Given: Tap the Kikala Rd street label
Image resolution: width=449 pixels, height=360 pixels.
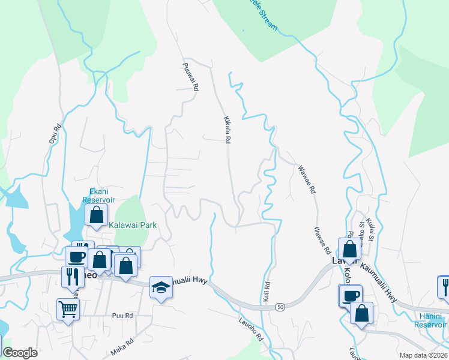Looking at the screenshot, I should pyautogui.click(x=227, y=129).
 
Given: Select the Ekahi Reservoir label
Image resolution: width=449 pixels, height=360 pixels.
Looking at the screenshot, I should pyautogui.click(x=98, y=196).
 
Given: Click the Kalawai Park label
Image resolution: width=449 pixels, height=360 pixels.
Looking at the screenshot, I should pyautogui.click(x=133, y=225).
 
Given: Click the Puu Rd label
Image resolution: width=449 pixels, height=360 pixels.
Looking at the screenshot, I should pyautogui.click(x=122, y=315).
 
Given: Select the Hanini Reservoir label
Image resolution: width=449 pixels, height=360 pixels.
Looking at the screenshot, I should pyautogui.click(x=430, y=320).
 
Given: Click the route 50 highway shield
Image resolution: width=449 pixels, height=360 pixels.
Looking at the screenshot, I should pyautogui.click(x=280, y=307).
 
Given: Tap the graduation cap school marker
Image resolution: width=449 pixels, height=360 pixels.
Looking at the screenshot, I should pyautogui.click(x=160, y=288).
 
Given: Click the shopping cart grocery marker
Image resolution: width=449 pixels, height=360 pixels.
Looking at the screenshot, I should pyautogui.click(x=67, y=309).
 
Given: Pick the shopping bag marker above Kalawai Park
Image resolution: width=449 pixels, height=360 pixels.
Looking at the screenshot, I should pyautogui.click(x=96, y=214).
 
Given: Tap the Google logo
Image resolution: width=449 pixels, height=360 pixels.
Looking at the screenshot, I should pyautogui.click(x=20, y=353).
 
